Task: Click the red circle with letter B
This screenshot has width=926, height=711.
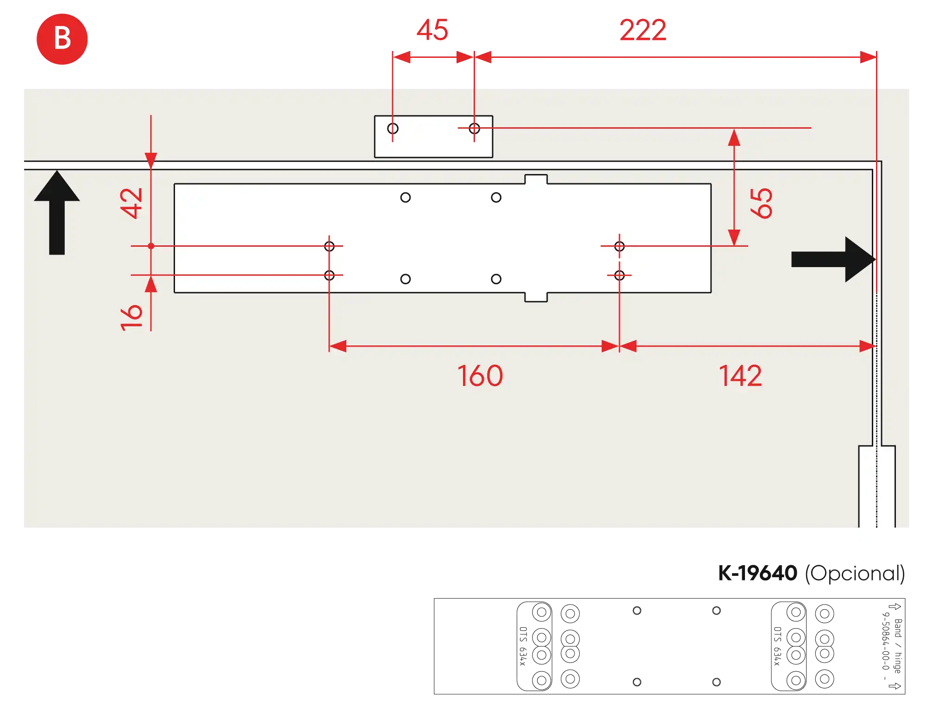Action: pyautogui.click(x=62, y=39)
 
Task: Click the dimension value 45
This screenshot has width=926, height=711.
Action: pyautogui.click(x=432, y=30)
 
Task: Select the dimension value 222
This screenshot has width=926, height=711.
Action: pyautogui.click(x=643, y=30)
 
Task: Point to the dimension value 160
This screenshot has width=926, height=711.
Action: pyautogui.click(x=480, y=375)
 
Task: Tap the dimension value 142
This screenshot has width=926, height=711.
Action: pyautogui.click(x=740, y=375)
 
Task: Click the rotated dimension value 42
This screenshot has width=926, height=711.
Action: pyautogui.click(x=131, y=203)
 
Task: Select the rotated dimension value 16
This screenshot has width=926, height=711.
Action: pyautogui.click(x=131, y=318)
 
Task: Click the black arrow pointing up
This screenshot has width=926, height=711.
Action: pyautogui.click(x=57, y=212)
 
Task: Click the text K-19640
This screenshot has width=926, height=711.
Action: pyautogui.click(x=757, y=573)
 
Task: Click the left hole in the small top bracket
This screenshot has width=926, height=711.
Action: pyautogui.click(x=393, y=128)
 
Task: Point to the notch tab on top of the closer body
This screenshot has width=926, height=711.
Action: pyautogui.click(x=536, y=179)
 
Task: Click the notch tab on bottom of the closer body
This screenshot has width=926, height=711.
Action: pyautogui.click(x=536, y=297)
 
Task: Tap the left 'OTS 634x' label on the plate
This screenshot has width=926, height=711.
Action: pyautogui.click(x=523, y=646)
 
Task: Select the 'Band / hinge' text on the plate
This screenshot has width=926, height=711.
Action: pyautogui.click(x=898, y=646)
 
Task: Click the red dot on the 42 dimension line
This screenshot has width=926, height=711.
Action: pyautogui.click(x=151, y=246)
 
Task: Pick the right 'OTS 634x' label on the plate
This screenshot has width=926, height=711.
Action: pyautogui.click(x=778, y=646)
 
